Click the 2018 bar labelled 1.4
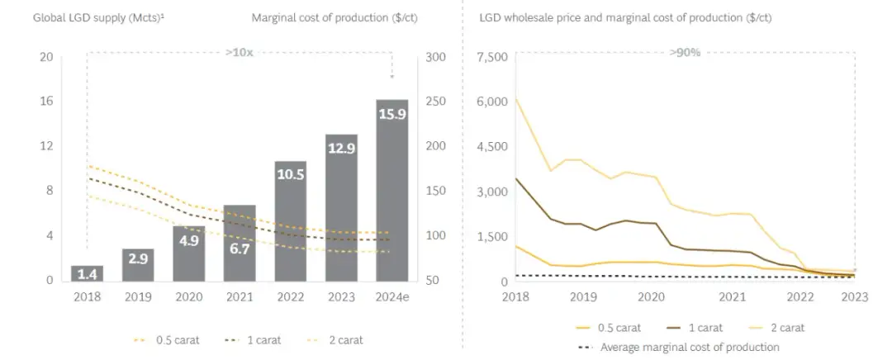coord(87,272)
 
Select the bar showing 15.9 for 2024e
coord(391,190)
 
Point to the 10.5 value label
coord(290,174)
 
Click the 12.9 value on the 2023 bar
coord(341,148)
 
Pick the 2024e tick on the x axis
coord(391,296)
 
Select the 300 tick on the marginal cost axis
coord(436,57)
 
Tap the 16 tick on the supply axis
coord(46,102)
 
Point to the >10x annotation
coord(240,52)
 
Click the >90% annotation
coord(685,52)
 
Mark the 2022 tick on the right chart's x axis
coord(799,296)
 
